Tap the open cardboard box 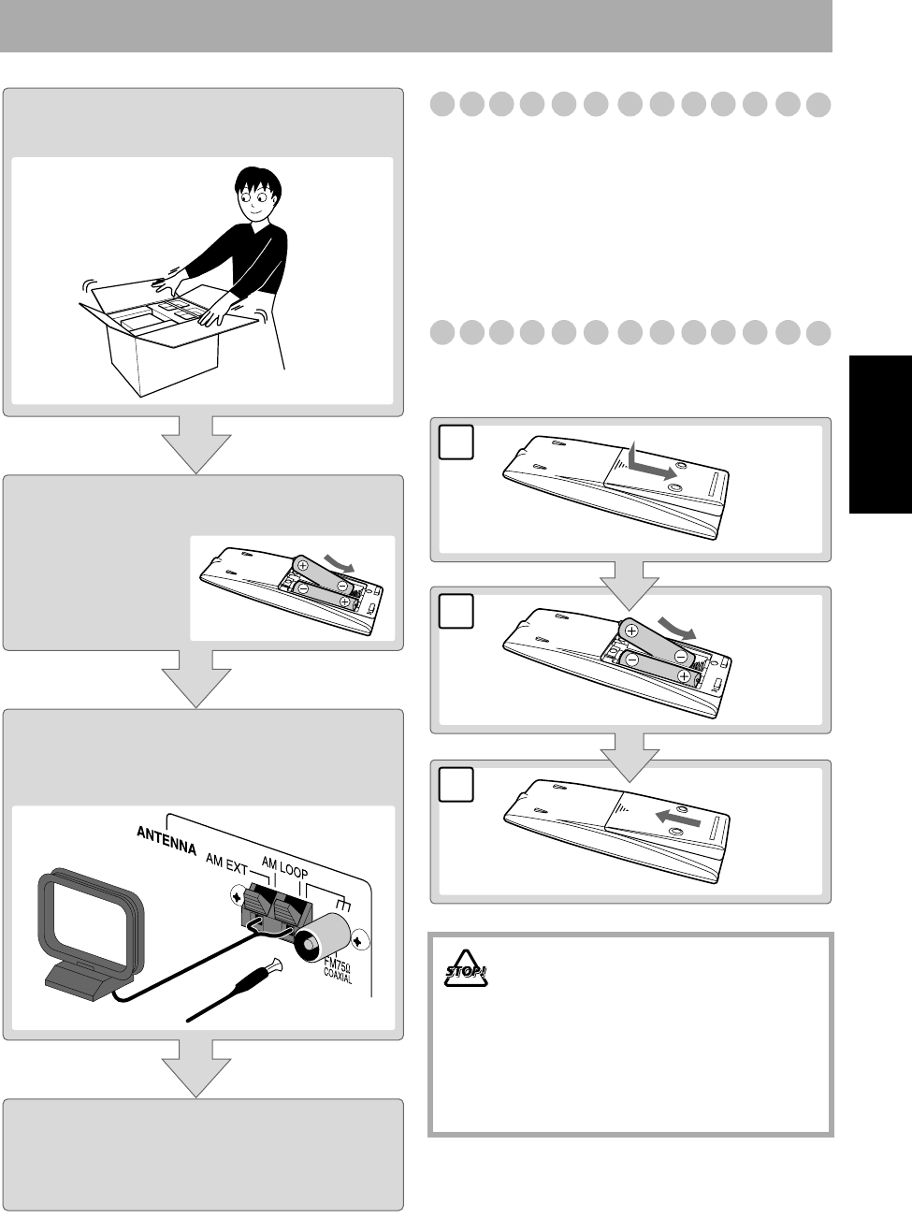[x=164, y=337]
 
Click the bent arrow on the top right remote [x=649, y=463]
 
